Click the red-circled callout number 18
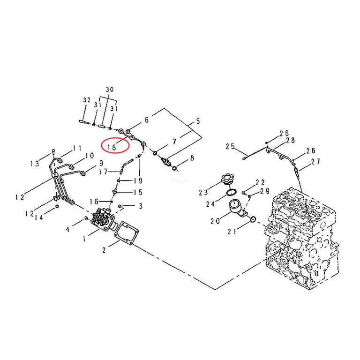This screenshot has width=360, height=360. [112, 147]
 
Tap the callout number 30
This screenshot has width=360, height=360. [110, 90]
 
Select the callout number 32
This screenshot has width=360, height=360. [87, 100]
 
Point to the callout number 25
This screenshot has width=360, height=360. [230, 146]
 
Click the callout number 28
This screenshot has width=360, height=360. [291, 140]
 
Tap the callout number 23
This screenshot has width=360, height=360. [203, 192]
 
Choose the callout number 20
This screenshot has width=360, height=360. [215, 221]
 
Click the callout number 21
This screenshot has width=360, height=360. [232, 232]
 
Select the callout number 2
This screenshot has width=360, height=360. [104, 250]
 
